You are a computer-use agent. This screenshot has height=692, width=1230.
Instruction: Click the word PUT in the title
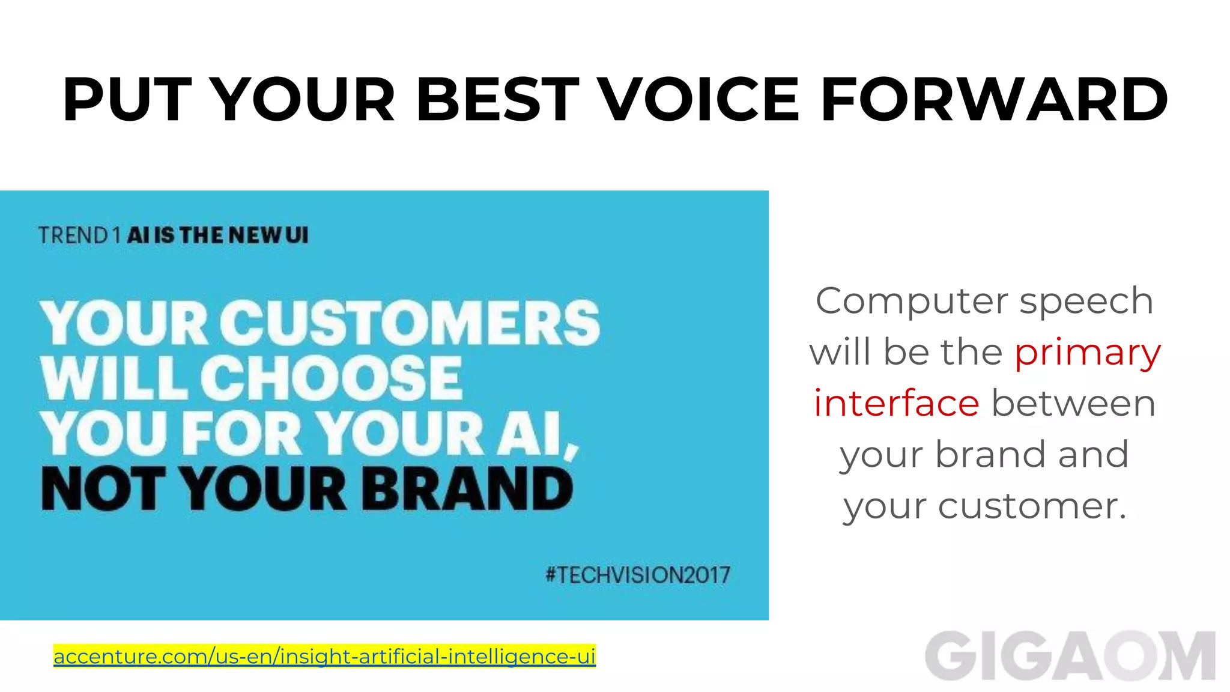tap(127, 100)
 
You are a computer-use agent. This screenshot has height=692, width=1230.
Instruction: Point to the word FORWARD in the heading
tap(994, 100)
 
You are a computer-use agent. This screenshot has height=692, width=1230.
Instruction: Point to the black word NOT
tap(103, 489)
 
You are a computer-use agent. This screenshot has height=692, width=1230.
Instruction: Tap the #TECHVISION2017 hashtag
tap(638, 575)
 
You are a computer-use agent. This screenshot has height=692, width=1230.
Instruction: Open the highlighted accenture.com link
tap(324, 656)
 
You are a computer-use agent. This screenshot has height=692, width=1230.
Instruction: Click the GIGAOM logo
tap(1070, 656)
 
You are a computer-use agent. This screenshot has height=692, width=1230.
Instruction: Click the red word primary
tap(1087, 353)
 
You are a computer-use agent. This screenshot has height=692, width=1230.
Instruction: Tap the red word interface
tap(897, 403)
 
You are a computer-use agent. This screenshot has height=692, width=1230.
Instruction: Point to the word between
tap(1073, 403)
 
